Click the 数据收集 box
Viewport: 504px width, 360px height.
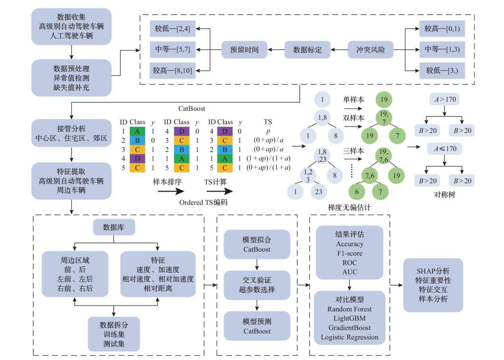point(72,27)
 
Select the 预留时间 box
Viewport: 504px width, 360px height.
point(244,50)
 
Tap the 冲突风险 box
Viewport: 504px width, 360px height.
point(370,50)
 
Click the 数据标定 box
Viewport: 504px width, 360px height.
point(307,50)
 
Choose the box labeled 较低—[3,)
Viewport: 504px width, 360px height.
point(442,71)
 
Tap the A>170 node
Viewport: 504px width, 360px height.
point(445,99)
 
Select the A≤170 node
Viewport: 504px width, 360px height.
point(445,149)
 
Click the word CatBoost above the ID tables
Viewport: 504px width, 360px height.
point(192,107)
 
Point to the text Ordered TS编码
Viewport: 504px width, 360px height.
point(204,202)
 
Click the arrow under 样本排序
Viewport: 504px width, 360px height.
point(171,191)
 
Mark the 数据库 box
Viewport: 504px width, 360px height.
point(114,228)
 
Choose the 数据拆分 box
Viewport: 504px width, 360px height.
point(114,334)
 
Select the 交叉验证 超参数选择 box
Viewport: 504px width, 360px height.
point(257,285)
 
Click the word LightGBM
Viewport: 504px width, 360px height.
point(349,318)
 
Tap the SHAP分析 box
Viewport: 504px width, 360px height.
point(433,285)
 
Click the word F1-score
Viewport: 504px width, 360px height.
point(349,253)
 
